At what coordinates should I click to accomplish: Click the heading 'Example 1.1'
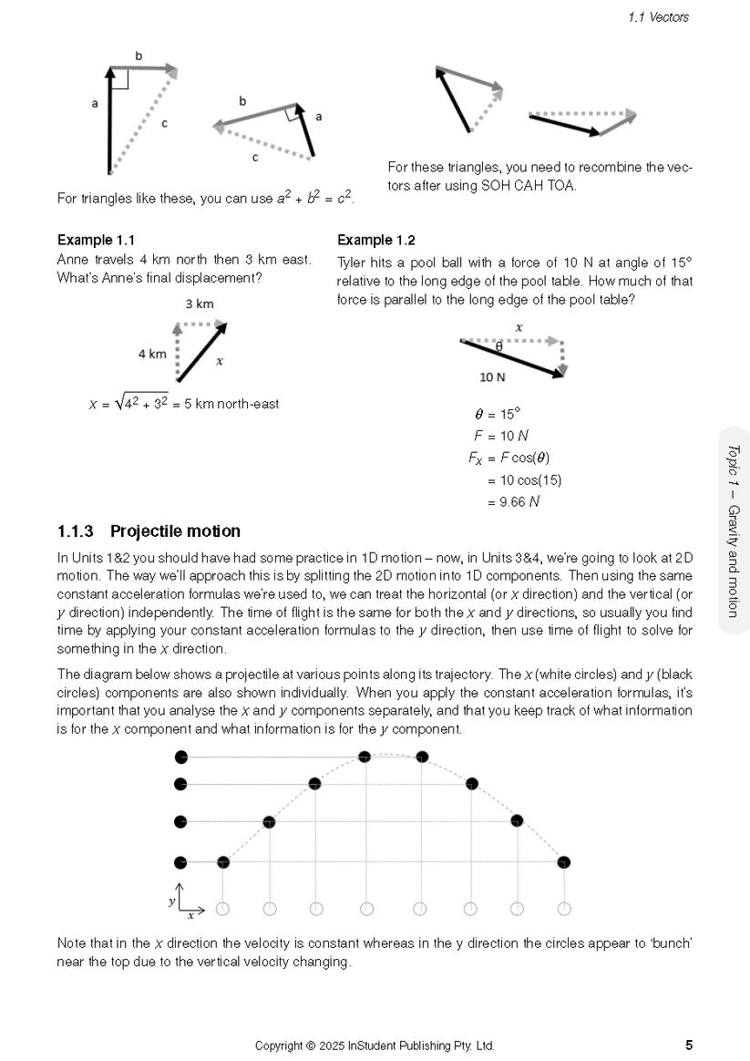tap(96, 241)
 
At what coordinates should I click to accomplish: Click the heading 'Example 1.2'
tap(375, 241)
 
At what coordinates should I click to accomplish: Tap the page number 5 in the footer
tap(688, 1046)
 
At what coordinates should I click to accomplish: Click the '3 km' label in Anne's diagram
tap(200, 304)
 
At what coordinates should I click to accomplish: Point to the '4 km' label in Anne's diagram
tap(152, 354)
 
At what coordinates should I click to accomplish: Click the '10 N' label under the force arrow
tap(493, 375)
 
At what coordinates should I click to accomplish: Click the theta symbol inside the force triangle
tap(498, 347)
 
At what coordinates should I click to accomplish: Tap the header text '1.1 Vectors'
tap(658, 16)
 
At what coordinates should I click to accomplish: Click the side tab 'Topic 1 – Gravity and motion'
tap(734, 530)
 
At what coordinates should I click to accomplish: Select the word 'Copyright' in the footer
tap(278, 1046)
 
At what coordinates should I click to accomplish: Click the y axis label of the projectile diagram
tap(171, 901)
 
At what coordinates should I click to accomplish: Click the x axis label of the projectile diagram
tap(190, 915)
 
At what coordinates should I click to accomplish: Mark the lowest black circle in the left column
tap(180, 861)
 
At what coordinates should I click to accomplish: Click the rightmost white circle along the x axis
tap(564, 908)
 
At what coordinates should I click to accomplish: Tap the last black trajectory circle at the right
tap(564, 861)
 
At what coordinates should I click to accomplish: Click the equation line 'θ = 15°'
tap(498, 414)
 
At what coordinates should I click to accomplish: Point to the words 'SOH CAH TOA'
tap(535, 186)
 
